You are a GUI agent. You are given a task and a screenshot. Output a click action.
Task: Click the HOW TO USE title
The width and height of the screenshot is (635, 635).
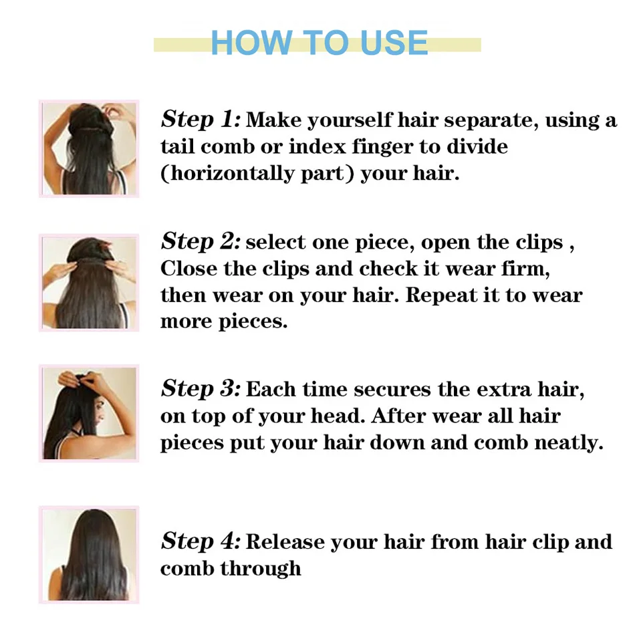point(319,43)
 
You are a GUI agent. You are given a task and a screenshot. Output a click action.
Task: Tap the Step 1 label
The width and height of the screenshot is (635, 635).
point(200,120)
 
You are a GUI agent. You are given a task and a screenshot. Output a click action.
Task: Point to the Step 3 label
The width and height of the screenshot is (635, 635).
point(200,388)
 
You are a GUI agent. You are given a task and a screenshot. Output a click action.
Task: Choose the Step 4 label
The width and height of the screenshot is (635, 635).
point(200,541)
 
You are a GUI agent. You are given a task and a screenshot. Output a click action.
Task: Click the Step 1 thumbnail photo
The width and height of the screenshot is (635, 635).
point(89,148)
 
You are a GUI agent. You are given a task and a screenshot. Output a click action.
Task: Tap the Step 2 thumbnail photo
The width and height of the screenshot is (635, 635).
point(89,282)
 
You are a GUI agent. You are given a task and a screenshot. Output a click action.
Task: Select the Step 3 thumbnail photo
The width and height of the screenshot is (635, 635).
point(89,413)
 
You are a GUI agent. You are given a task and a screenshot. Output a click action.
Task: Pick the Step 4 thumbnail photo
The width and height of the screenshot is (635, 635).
point(89,555)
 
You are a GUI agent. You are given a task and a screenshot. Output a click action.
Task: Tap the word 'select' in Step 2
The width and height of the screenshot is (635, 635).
point(274,242)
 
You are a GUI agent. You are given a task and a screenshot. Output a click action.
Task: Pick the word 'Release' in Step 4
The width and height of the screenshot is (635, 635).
point(286,542)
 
